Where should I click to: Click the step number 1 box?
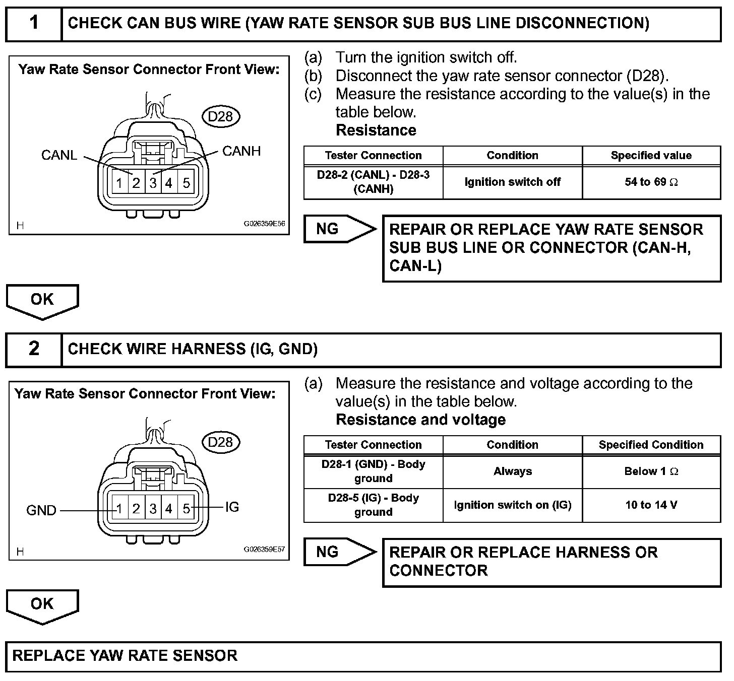point(33,23)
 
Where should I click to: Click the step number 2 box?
point(33,349)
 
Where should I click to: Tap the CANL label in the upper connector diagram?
point(59,155)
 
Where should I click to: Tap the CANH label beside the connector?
point(241,151)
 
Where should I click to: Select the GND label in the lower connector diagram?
point(41,511)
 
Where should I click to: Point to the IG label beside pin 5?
point(232,507)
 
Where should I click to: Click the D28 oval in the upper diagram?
point(220,117)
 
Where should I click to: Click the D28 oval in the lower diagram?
point(220,442)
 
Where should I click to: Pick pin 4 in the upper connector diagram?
point(169,183)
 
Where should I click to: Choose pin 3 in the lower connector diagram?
point(153,509)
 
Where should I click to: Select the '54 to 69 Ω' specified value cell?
point(651,182)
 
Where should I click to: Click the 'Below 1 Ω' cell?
point(651,471)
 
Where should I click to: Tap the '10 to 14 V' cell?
point(651,505)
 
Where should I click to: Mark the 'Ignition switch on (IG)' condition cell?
point(512,505)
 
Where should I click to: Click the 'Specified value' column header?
point(651,155)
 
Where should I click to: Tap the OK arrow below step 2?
point(42,604)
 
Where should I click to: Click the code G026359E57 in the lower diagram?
point(264,550)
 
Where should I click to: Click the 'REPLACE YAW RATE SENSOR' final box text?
point(125,655)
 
